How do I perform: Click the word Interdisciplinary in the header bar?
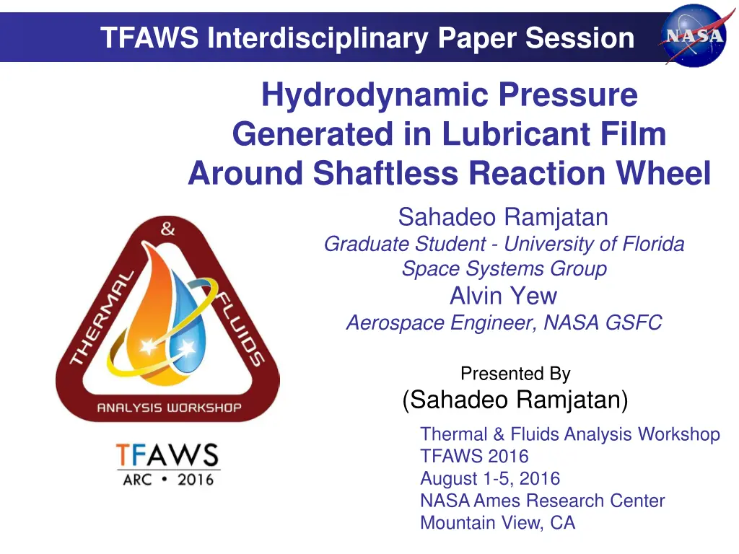click(x=317, y=38)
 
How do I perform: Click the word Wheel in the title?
click(x=666, y=173)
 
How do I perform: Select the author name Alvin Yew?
click(x=503, y=296)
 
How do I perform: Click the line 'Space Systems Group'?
click(x=504, y=269)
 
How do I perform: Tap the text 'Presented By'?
click(x=515, y=374)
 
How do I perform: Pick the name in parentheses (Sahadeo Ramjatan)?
click(x=515, y=399)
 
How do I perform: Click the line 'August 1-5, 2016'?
click(x=490, y=478)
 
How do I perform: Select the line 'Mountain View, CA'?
click(x=498, y=523)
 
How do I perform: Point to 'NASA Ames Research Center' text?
click(x=542, y=501)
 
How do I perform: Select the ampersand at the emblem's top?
click(x=167, y=230)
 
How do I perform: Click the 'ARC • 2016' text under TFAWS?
click(x=168, y=478)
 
